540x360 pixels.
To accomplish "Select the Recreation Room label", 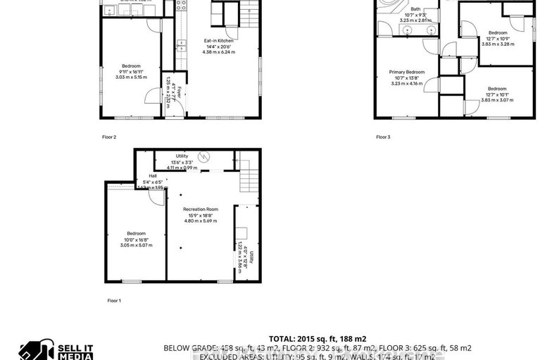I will click(201, 210).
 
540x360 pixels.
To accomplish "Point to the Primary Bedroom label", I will click(408, 72).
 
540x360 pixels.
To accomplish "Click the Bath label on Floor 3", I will click(416, 9).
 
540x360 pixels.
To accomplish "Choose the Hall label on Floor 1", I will click(153, 176).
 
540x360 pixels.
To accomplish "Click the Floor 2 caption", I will click(109, 137).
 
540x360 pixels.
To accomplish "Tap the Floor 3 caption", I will click(382, 137).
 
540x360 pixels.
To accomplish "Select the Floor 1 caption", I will click(114, 301).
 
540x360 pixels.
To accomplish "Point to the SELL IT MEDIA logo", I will click(56, 351).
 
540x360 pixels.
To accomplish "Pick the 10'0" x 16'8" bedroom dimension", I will click(136, 240).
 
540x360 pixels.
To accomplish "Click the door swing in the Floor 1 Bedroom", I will click(155, 198).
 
